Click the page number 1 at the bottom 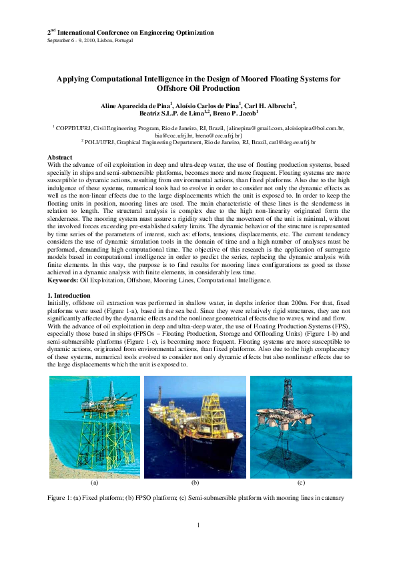coord(199,526)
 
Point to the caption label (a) coord(94,482)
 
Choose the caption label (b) coord(195,482)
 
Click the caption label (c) coord(301,482)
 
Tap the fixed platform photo coord(95,427)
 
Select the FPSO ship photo coord(195,427)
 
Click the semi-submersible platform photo coord(301,427)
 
